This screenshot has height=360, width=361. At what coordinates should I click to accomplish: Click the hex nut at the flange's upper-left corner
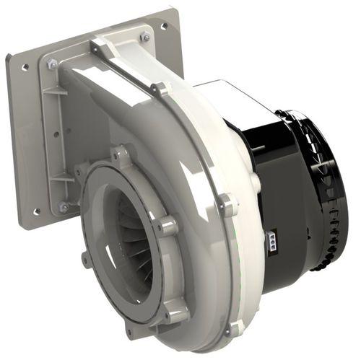53,65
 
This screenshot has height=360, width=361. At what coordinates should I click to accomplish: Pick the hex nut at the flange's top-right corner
145,36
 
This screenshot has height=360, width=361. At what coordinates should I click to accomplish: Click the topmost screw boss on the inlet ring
121,154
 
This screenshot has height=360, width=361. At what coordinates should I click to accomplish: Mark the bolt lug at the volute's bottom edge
232,329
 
